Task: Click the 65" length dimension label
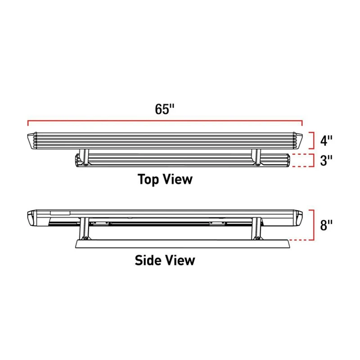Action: pos(165,109)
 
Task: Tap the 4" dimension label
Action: pos(326,140)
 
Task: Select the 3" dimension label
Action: pos(326,160)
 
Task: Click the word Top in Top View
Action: pos(148,179)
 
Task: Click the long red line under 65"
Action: pos(165,121)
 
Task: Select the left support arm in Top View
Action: pos(84,157)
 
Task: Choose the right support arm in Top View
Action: pos(256,157)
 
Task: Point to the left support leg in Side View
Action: pos(84,229)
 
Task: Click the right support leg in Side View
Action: pos(256,229)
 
